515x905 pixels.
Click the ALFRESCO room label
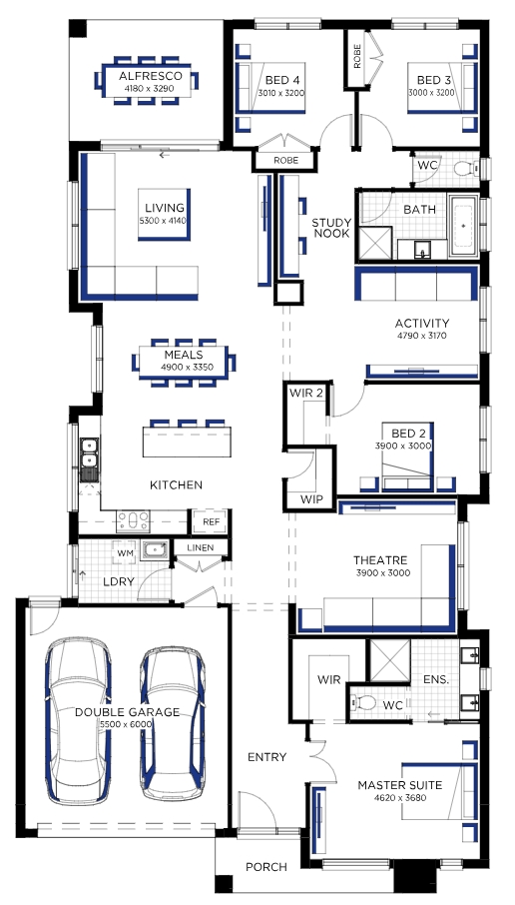(150, 76)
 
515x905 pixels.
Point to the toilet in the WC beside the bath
(466, 169)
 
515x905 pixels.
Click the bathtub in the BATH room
(464, 225)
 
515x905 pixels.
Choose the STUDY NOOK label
(330, 228)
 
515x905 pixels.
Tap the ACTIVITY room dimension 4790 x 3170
(421, 336)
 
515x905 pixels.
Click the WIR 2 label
(306, 394)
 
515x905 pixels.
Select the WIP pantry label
(312, 499)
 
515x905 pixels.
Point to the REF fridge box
(211, 521)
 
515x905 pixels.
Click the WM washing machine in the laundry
(125, 554)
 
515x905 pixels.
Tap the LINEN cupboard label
(201, 547)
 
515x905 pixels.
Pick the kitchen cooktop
(133, 521)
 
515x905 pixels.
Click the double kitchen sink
(89, 452)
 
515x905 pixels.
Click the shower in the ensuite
(389, 660)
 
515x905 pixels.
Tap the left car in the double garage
(79, 720)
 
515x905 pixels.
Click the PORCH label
(266, 866)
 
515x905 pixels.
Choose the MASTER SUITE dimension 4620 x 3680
(400, 798)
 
